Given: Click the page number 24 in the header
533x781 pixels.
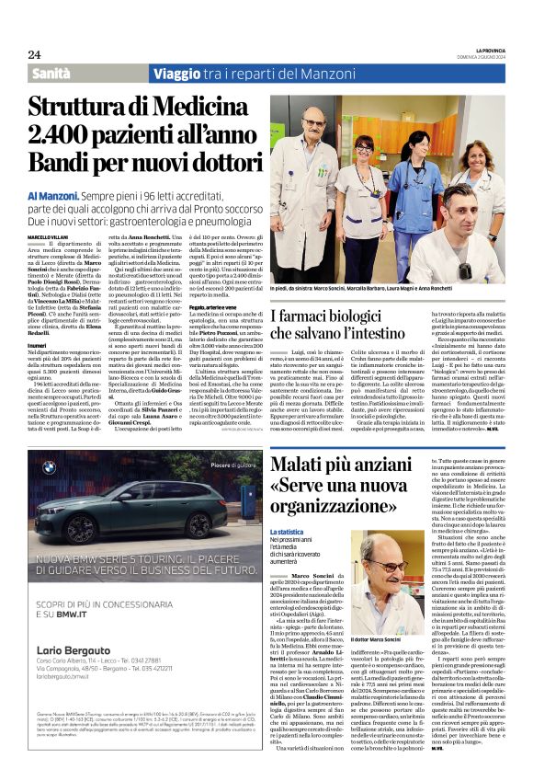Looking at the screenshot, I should (34, 55).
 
